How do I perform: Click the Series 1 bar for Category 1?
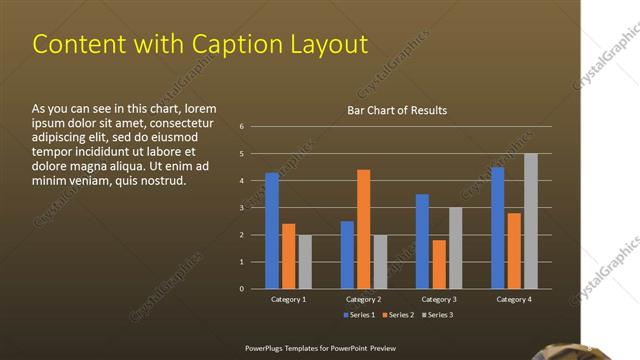[272, 231]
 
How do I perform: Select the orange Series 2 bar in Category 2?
[363, 229]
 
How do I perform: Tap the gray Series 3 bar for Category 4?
[531, 221]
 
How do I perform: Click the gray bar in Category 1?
[305, 262]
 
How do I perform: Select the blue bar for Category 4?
[498, 228]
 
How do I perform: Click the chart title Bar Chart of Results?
[397, 110]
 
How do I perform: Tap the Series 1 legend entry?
[361, 315]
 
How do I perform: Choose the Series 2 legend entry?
[399, 315]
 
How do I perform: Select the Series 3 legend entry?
[437, 315]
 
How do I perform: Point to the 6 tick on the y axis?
[242, 127]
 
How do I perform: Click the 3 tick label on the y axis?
[242, 208]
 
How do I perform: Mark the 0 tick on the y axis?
[242, 289]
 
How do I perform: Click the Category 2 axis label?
[363, 299]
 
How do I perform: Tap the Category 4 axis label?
[514, 299]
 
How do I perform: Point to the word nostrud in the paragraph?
[159, 181]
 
